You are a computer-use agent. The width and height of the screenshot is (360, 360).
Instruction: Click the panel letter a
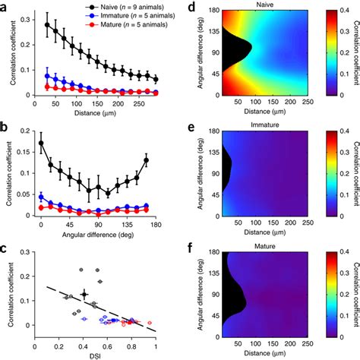[5, 5]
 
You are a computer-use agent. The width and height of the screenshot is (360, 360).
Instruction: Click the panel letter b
[5, 122]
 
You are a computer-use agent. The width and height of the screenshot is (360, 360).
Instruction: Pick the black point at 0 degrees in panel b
[40, 142]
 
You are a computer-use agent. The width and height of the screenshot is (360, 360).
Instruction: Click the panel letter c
[5, 245]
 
